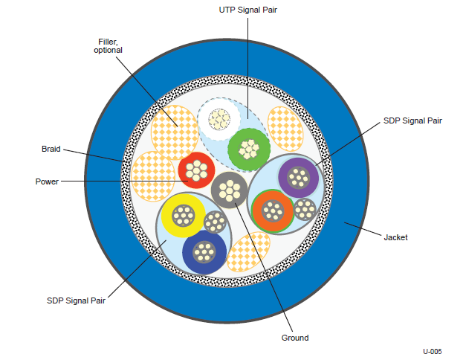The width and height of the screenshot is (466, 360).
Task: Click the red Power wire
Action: click(196, 170)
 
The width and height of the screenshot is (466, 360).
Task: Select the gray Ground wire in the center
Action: click(229, 190)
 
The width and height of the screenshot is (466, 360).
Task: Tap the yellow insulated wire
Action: click(184, 216)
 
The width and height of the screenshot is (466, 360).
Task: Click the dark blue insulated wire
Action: click(204, 252)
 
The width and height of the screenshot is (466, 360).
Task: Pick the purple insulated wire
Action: click(298, 178)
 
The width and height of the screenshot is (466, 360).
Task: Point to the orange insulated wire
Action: click(273, 210)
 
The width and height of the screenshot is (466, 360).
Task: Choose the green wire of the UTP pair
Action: click(249, 150)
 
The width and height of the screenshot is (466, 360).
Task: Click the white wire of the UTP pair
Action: click(219, 119)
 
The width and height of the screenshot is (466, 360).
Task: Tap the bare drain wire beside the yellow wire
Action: click(216, 222)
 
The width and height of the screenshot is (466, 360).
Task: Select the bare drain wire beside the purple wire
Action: click(305, 210)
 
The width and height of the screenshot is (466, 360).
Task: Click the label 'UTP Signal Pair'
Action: click(247, 10)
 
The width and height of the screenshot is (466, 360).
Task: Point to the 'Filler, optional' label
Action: click(108, 46)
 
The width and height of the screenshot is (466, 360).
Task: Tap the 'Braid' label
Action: click(51, 149)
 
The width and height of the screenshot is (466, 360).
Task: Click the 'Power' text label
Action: click(47, 181)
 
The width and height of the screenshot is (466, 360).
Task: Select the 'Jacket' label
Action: click(395, 237)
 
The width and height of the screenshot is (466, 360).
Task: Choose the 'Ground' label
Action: click(295, 338)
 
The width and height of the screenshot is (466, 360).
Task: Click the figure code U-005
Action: click(433, 351)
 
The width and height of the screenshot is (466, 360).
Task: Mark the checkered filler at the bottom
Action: click(248, 251)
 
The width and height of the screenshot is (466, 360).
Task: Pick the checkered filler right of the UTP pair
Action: click(285, 129)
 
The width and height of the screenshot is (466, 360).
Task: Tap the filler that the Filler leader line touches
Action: click(175, 132)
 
